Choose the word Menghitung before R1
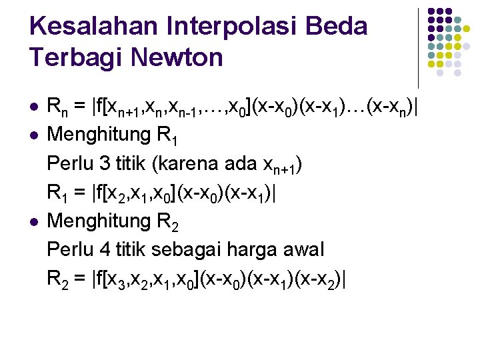pos(99,135)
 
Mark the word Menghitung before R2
pos(99,220)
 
